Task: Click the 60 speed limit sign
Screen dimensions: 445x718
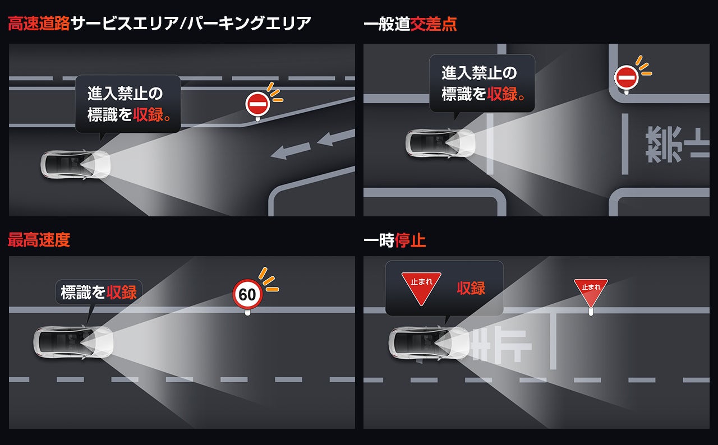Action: [x=247, y=294]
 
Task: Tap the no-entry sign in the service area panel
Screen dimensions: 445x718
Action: [x=257, y=104]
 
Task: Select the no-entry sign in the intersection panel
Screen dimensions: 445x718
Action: [x=626, y=77]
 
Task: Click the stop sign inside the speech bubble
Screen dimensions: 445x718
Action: [x=421, y=288]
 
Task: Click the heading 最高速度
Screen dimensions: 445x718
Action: [x=39, y=240]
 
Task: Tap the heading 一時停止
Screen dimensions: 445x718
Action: [x=394, y=240]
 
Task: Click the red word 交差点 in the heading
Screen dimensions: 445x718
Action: [x=434, y=24]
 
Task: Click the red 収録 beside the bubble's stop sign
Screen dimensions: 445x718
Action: [x=471, y=288]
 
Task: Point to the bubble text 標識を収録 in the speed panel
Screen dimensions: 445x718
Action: [x=99, y=292]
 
